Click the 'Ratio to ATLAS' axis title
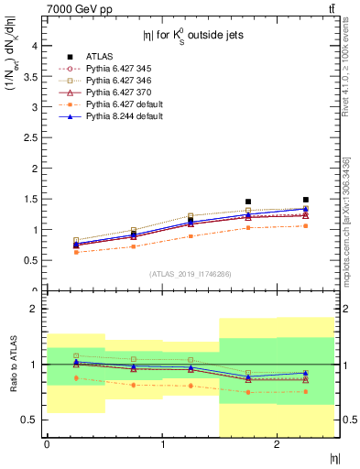[12, 365]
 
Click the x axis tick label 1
[163, 444]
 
